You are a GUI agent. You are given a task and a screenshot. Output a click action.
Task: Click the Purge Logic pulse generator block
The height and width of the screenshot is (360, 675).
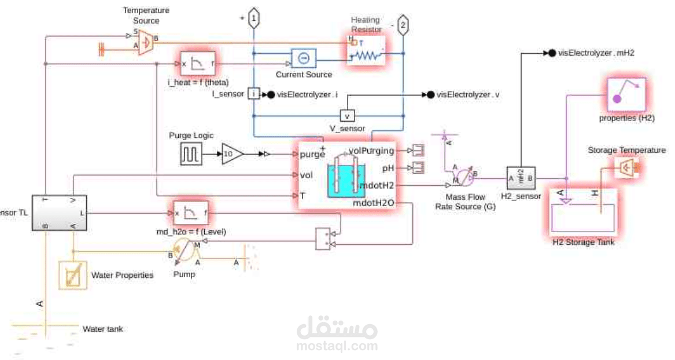point(191,155)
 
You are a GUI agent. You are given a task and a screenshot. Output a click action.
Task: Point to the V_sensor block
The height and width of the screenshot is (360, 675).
point(347,116)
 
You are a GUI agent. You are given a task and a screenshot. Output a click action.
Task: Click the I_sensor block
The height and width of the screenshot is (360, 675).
point(253,94)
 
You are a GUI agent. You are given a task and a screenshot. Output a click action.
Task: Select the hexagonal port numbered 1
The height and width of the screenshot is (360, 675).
point(253,19)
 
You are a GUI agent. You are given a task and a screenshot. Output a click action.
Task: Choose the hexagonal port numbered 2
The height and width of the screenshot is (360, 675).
point(404,26)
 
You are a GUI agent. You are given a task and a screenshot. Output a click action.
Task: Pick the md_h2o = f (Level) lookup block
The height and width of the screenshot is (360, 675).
point(190,214)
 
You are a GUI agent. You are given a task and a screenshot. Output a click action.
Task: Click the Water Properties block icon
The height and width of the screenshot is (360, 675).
point(73,275)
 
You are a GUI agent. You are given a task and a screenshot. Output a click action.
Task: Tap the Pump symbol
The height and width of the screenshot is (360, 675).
point(184,253)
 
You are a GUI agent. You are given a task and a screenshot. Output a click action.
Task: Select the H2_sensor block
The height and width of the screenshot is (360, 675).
point(521,178)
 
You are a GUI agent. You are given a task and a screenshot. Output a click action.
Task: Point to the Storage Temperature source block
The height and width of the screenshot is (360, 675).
point(626,168)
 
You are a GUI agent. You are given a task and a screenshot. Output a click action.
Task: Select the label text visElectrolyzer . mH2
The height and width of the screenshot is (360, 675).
point(596,53)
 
